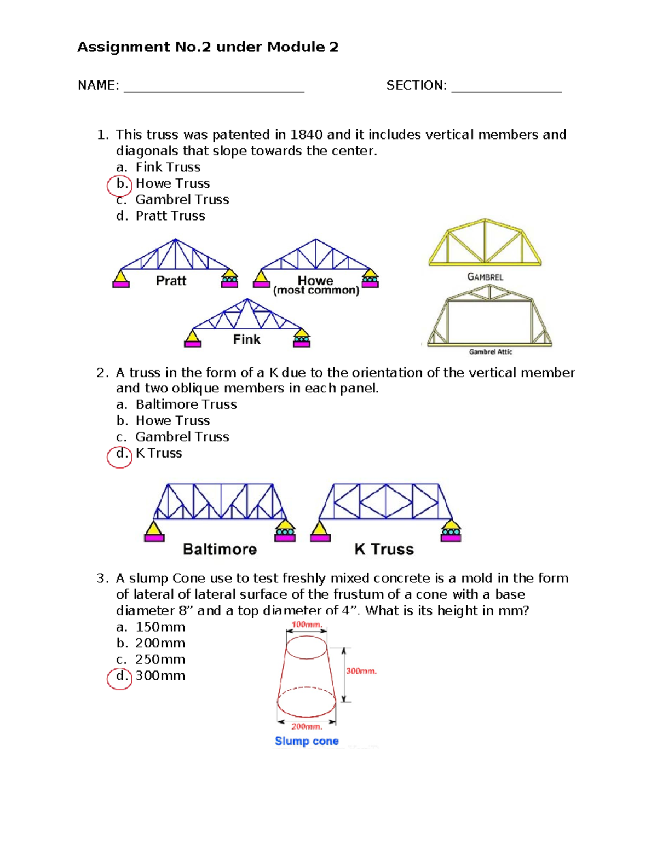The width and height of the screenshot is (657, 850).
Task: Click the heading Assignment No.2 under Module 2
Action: (208, 47)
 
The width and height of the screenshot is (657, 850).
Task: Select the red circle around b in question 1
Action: (119, 185)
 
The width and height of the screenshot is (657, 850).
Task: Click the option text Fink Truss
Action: (168, 167)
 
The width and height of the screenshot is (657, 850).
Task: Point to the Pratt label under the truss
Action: (171, 281)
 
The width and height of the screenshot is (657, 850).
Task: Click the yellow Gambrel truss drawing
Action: (485, 243)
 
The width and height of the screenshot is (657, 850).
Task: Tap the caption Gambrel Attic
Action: (490, 352)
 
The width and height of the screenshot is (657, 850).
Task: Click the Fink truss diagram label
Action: (246, 339)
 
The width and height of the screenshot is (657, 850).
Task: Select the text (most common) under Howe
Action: (316, 291)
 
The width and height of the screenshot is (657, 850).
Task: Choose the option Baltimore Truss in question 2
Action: (186, 404)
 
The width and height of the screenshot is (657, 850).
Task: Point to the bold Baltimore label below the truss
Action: (220, 549)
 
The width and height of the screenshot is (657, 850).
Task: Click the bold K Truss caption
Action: (384, 549)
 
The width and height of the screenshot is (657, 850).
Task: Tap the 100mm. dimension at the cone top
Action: (307, 625)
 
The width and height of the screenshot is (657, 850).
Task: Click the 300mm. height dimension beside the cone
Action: (361, 671)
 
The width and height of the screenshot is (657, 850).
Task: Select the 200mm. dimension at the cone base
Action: (307, 726)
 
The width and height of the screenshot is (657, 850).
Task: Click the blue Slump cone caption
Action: (307, 741)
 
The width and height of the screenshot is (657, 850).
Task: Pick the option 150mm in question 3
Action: (160, 627)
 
